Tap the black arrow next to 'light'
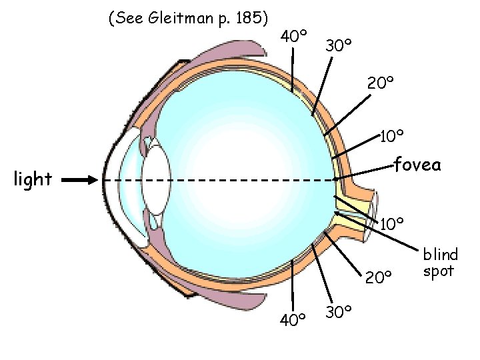[x=81, y=180]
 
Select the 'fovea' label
[x=417, y=164]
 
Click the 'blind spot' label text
[x=440, y=263]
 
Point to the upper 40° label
[x=293, y=35]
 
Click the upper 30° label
[x=339, y=45]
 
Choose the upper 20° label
[x=381, y=83]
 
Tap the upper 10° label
[x=392, y=137]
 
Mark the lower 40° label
[x=293, y=321]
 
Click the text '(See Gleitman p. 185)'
[x=188, y=19]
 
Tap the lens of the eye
[x=157, y=181]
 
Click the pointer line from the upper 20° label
[x=347, y=113]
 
